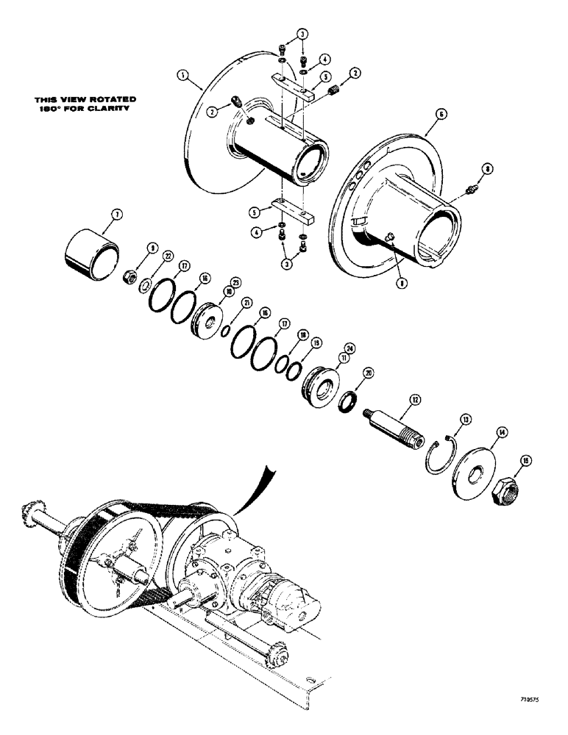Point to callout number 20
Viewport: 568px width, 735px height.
[x=368, y=373]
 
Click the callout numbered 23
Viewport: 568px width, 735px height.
[x=235, y=282]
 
